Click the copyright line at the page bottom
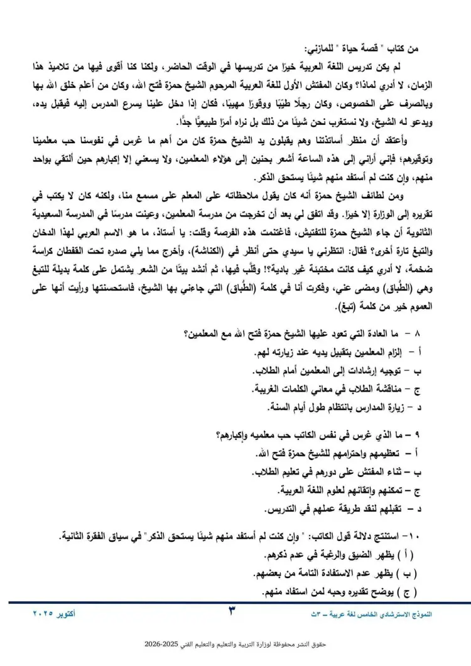(235, 645)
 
